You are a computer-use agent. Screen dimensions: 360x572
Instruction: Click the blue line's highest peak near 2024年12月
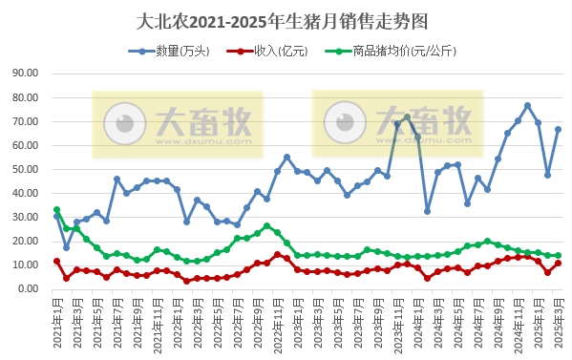click(x=528, y=105)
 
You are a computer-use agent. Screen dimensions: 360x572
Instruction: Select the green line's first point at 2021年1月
click(x=56, y=210)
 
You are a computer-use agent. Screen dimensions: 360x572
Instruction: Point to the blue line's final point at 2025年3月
click(x=558, y=129)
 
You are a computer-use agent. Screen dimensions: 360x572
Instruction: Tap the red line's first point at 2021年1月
click(x=56, y=261)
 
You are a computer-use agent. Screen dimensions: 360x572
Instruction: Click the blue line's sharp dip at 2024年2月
click(x=427, y=211)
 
